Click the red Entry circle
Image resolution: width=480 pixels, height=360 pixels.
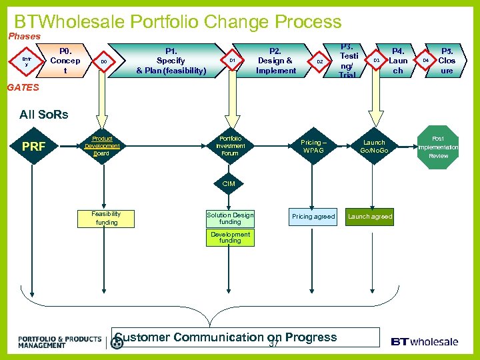(27, 61)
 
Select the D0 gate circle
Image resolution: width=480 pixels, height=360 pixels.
(103, 61)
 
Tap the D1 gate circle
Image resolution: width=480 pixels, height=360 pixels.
(232, 61)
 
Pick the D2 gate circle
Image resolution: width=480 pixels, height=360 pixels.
(319, 61)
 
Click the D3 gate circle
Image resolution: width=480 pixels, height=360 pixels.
(376, 61)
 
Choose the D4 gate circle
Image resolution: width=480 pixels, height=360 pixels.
(425, 61)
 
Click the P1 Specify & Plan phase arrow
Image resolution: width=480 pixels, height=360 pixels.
(171, 61)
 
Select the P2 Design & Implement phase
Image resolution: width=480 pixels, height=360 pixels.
(275, 61)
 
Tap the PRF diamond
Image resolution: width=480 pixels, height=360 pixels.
(33, 145)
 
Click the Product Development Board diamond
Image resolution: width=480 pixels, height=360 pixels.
(102, 146)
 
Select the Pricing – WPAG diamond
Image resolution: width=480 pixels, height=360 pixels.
(312, 145)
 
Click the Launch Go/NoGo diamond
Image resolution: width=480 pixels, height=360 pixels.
(373, 146)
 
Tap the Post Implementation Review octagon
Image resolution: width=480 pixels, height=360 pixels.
(438, 147)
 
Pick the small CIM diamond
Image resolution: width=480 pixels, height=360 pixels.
(229, 183)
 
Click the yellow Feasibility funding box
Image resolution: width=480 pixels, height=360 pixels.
(107, 218)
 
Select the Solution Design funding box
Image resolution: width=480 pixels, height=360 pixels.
(230, 218)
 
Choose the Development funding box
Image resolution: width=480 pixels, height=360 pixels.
(230, 238)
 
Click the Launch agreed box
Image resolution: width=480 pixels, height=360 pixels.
(371, 217)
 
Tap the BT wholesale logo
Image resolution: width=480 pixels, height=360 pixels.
(424, 341)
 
